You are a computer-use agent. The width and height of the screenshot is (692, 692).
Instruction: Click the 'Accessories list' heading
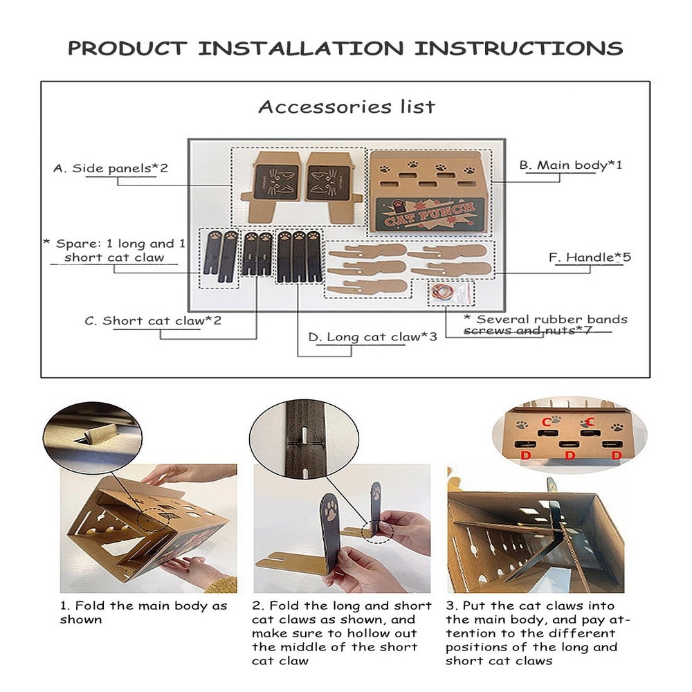coord(347,107)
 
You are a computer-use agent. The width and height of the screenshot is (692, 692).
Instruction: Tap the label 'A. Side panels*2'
coord(110,168)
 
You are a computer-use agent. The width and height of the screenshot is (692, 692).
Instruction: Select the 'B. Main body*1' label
coord(571,165)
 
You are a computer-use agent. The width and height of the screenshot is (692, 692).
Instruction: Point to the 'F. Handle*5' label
coord(590,257)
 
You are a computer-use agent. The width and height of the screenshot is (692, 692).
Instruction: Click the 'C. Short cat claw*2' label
coord(153,320)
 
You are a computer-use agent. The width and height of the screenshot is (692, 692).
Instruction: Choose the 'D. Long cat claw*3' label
coord(372,337)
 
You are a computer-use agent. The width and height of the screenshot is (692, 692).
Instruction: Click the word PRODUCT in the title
coord(127,48)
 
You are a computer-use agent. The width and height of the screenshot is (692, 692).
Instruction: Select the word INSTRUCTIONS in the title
coord(518,48)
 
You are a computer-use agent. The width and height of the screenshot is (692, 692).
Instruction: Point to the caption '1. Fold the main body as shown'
coord(143,612)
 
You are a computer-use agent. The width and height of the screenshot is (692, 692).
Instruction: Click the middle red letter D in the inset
coord(570,455)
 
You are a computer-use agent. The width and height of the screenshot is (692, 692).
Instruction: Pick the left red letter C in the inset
coord(547,422)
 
